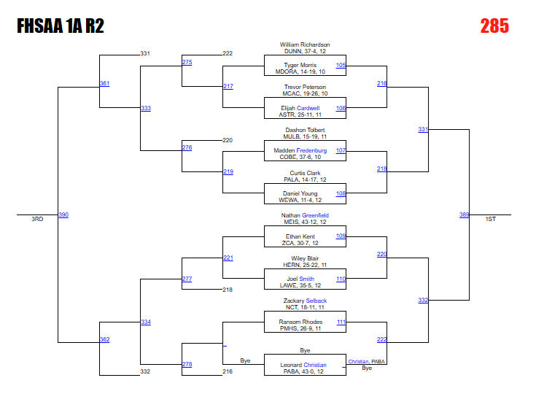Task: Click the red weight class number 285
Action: pyautogui.click(x=494, y=27)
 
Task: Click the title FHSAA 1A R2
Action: pyautogui.click(x=61, y=27)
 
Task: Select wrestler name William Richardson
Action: pyautogui.click(x=305, y=45)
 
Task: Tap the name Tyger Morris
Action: pyautogui.click(x=305, y=65)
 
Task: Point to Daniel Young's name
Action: pyautogui.click(x=305, y=194)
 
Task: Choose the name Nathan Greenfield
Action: pyautogui.click(x=305, y=215)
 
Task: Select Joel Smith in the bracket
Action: pyautogui.click(x=305, y=279)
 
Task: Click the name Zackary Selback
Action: pyautogui.click(x=305, y=301)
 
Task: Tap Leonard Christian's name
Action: pyautogui.click(x=305, y=365)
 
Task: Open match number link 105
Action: pyautogui.click(x=341, y=65)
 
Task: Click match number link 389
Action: pyautogui.click(x=465, y=214)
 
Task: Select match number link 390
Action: pyautogui.click(x=63, y=214)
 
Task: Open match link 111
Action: pyautogui.click(x=341, y=322)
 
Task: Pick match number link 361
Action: pyautogui.click(x=104, y=84)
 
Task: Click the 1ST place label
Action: pyautogui.click(x=491, y=219)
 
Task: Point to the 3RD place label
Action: pyautogui.click(x=37, y=219)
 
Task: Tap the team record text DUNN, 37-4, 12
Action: pyautogui.click(x=305, y=52)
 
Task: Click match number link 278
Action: pyautogui.click(x=187, y=364)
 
